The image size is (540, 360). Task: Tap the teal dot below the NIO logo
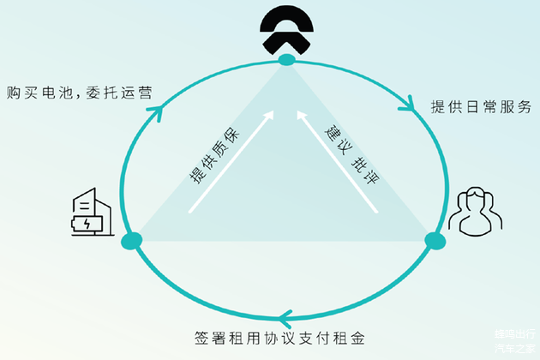pos(286,59)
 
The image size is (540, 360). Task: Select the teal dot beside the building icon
pos(131,241)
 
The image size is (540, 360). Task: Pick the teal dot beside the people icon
pos(435,241)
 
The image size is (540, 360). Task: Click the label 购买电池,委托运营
pos(76,93)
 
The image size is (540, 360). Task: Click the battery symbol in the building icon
pos(88,224)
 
